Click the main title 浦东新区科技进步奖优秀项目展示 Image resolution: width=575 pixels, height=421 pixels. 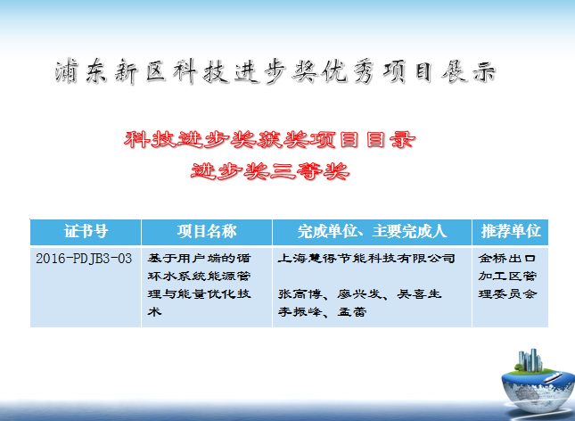[x=275, y=71]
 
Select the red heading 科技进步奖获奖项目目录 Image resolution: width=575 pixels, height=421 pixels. [x=269, y=140]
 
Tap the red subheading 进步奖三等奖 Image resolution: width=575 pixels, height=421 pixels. [x=270, y=171]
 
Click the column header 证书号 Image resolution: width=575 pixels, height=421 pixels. [x=86, y=232]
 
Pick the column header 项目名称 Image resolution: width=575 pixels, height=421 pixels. [x=207, y=232]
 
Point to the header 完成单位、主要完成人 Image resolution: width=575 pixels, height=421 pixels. [x=373, y=232]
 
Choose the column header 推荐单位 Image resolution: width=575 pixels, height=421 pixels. [x=511, y=231]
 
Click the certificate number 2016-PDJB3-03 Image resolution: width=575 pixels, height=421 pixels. [x=84, y=259]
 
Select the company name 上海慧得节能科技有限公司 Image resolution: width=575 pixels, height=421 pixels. [x=366, y=259]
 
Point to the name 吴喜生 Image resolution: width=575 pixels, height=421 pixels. [x=419, y=294]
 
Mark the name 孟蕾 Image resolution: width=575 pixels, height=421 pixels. [x=351, y=312]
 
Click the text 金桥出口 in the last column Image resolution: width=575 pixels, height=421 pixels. [x=506, y=259]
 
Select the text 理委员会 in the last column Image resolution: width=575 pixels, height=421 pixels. [x=507, y=294]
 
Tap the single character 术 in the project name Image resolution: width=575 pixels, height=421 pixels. [x=154, y=312]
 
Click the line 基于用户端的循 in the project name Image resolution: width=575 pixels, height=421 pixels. [x=199, y=259]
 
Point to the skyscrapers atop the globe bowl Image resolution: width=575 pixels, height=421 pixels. [x=530, y=359]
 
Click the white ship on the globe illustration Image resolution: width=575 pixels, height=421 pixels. [x=553, y=377]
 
